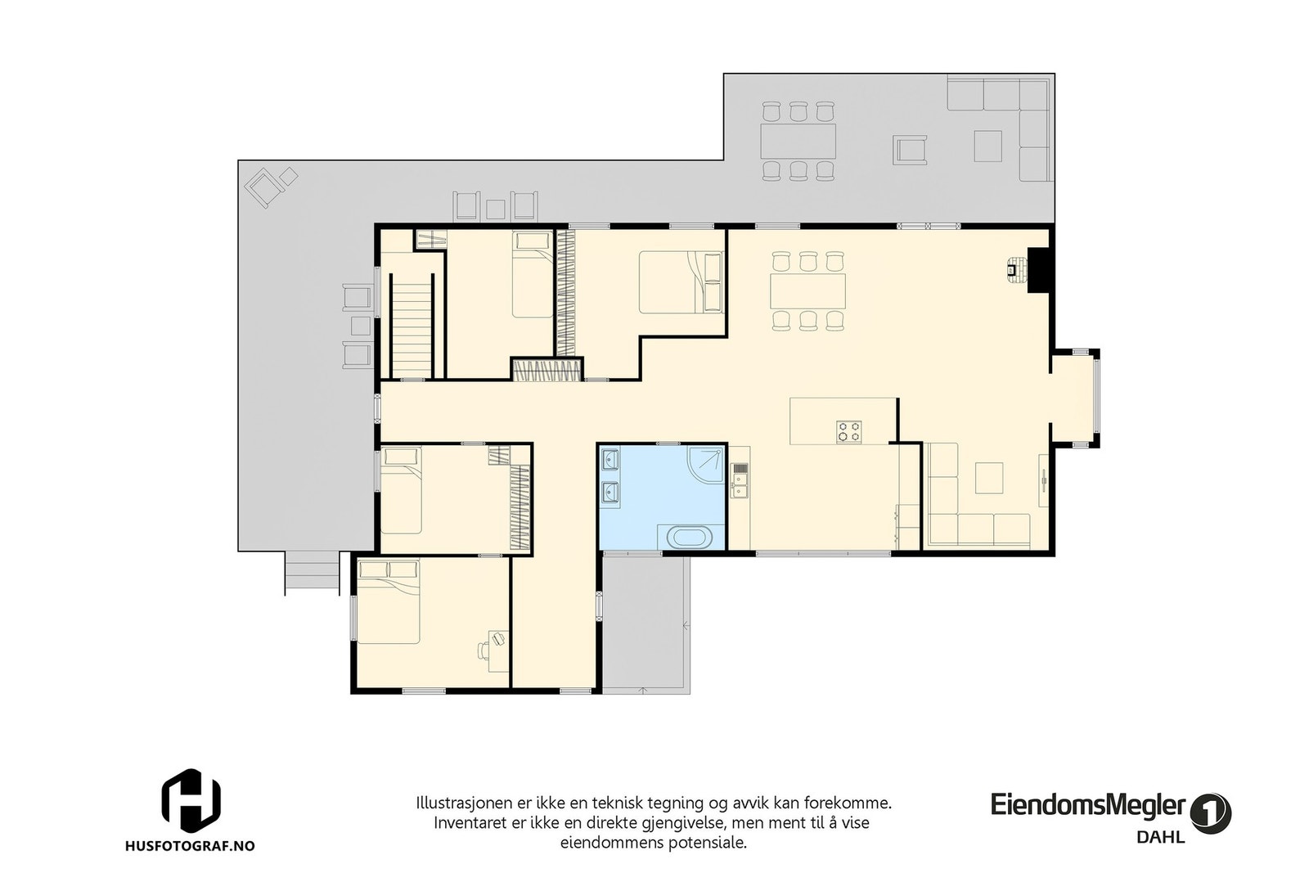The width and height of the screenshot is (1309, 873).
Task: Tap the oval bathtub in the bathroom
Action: pos(691,538)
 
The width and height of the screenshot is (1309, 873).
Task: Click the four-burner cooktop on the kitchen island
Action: pos(848,431)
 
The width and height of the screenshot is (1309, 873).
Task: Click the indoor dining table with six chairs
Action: pos(807,290)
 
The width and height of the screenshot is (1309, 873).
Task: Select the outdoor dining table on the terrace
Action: pos(798,141)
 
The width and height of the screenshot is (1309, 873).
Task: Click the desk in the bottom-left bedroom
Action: pos(497,650)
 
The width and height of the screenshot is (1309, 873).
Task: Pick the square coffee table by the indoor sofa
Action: pos(989,478)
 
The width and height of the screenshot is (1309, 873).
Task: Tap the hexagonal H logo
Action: pos(191,799)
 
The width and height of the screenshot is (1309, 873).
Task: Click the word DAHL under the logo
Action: pos(1160,837)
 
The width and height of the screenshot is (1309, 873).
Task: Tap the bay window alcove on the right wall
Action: pos(1076,398)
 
